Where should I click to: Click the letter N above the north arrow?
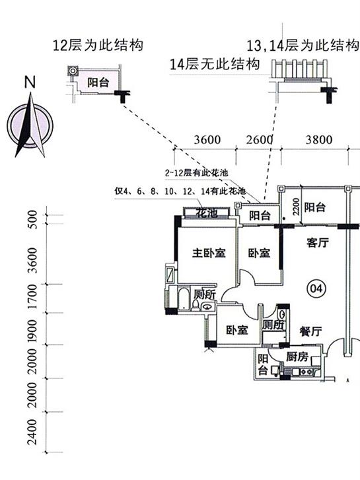(30, 82)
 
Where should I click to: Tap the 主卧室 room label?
(209, 253)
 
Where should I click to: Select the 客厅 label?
(318, 242)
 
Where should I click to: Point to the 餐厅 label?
(310, 331)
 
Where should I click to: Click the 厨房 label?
(297, 357)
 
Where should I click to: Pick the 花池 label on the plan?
(207, 213)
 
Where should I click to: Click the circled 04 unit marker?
(316, 289)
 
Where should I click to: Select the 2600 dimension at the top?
(259, 139)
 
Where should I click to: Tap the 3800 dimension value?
(318, 139)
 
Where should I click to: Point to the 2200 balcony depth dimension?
(296, 207)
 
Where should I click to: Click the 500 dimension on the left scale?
(32, 219)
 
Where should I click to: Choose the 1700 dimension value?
(32, 296)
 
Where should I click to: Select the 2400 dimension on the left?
(32, 432)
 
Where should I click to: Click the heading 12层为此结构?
(98, 46)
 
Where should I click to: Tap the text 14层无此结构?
(215, 64)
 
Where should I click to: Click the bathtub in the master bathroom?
(184, 298)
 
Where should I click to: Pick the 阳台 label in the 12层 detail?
(98, 83)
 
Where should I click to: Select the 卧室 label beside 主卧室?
(259, 253)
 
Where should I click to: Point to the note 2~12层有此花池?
(196, 173)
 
